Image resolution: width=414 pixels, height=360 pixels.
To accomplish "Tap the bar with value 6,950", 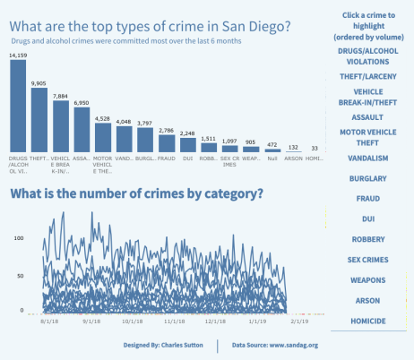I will click(x=82, y=132).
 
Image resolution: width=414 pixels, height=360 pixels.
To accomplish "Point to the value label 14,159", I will click(x=18, y=56).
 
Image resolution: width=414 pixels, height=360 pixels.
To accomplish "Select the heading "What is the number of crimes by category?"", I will click(x=135, y=194).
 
